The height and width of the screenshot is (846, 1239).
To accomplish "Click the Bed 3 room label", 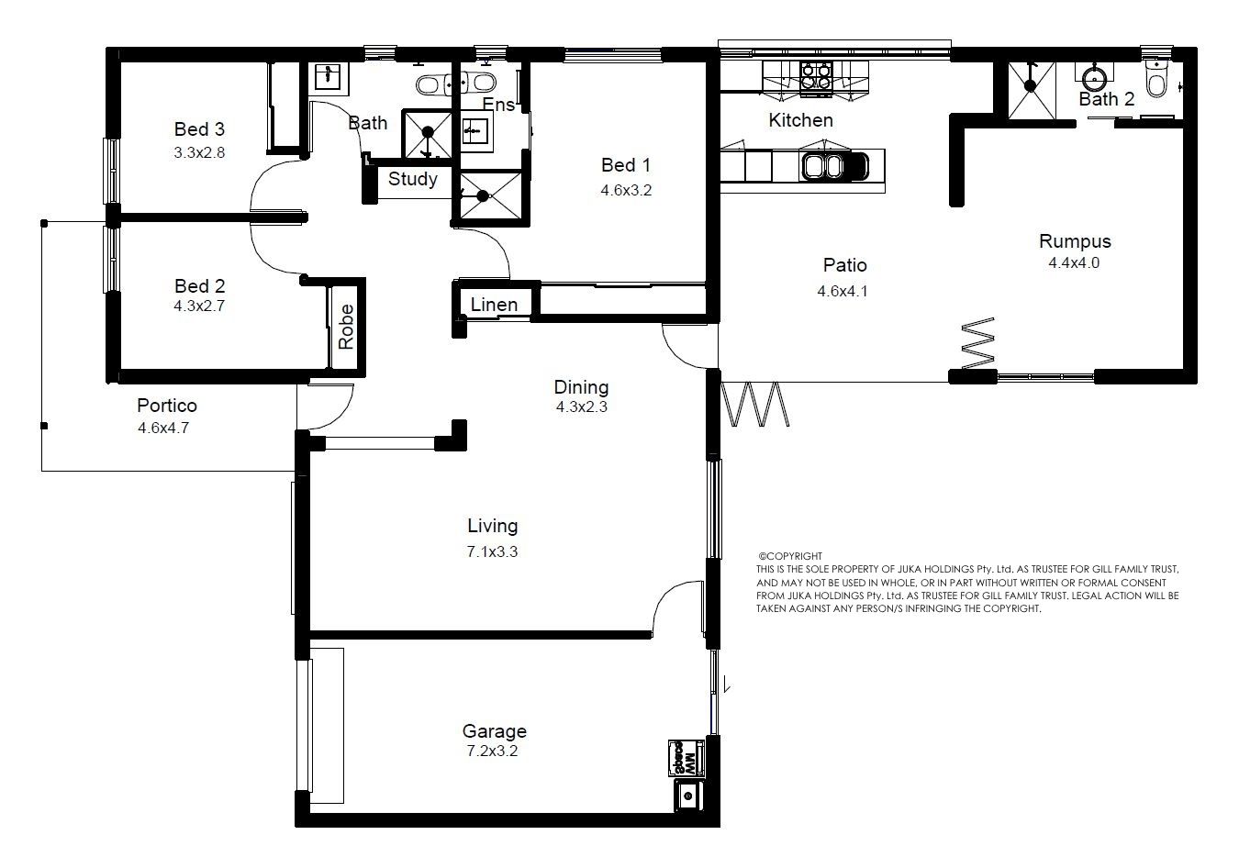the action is click(199, 129).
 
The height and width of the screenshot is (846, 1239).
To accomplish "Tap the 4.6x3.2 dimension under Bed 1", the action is click(626, 190).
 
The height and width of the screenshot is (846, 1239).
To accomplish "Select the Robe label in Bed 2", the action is click(346, 327).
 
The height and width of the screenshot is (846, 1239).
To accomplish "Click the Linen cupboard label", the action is click(494, 305).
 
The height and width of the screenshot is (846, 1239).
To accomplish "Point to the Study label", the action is click(413, 179).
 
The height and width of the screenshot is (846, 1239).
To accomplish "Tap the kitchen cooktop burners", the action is click(816, 76).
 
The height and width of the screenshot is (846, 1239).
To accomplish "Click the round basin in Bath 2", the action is click(1093, 78).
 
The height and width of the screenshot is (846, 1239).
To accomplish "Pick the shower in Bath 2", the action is click(1031, 91).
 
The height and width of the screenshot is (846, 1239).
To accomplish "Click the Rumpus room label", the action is click(1075, 241).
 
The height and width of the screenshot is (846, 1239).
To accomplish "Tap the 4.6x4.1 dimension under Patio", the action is click(843, 291).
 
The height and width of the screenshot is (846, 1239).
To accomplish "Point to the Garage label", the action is click(494, 731).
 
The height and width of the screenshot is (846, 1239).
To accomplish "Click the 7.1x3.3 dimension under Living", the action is click(492, 551).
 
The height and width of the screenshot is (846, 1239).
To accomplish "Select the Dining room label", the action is click(581, 387).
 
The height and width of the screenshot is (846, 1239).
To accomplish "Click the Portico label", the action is click(167, 406).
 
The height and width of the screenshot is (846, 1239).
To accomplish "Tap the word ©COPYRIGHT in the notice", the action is click(790, 556).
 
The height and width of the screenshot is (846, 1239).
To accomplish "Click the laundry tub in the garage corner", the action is click(688, 796).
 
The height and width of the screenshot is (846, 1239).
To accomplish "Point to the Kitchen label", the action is click(800, 120).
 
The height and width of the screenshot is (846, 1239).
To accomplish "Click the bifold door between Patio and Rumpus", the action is click(978, 343).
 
